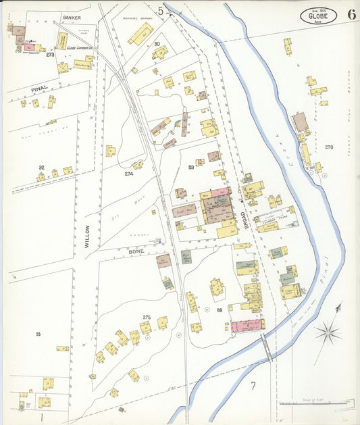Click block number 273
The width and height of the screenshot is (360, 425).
click(x=50, y=54)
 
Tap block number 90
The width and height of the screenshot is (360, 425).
click(x=157, y=44)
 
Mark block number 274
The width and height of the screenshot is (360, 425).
click(x=129, y=174)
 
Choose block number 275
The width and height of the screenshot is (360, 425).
click(x=147, y=317)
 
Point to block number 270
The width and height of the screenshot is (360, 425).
click(x=329, y=147)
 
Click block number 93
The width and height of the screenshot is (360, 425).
click(x=38, y=334)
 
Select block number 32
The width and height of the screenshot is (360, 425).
click(x=41, y=167)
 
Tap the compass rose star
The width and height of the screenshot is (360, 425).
click(x=329, y=331)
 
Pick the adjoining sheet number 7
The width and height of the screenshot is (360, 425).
click(x=253, y=386)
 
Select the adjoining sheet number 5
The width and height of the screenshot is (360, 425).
click(x=161, y=9)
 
